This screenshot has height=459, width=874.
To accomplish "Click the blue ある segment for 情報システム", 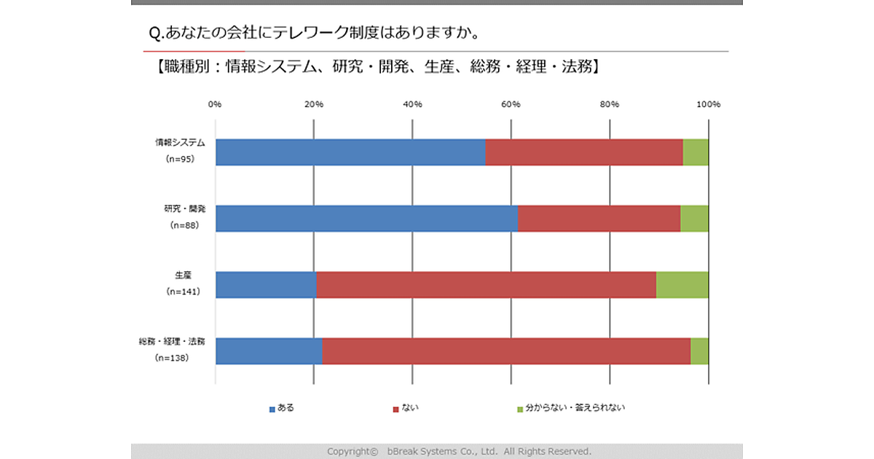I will coord(350,152).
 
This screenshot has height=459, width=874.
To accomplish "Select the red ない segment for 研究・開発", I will coord(599,218).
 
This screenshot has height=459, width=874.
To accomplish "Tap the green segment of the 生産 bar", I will coord(682,284).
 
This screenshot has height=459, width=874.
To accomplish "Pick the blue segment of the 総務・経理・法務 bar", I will coord(269,350).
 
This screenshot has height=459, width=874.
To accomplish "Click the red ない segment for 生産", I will coord(487,284).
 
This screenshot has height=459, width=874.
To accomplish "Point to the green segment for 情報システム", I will coord(696,152).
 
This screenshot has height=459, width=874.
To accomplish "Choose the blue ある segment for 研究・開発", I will coord(367,218).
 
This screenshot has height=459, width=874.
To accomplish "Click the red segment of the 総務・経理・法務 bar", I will coord(506,350).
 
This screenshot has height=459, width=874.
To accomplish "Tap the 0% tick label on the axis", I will coord(215,104).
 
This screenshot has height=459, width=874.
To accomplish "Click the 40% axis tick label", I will coord(412,104).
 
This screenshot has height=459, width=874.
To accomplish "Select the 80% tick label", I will coord(610,104).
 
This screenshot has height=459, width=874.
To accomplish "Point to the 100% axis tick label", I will coord(708,104).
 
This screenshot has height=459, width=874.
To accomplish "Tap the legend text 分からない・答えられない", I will coord(575,408).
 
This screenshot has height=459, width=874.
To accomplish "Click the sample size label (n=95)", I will coord(180,159).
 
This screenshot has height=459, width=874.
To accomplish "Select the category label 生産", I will coord(184,275).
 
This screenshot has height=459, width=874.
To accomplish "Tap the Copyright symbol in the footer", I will coord(374,452).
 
